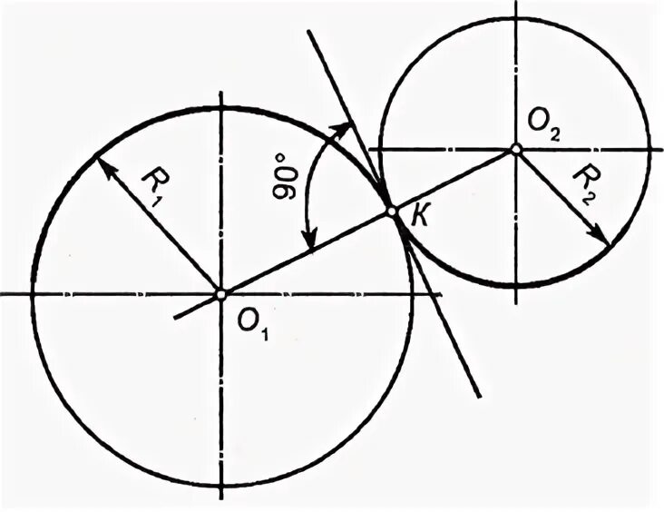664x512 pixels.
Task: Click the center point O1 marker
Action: click(x=221, y=294)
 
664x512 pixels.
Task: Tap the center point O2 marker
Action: click(x=515, y=149)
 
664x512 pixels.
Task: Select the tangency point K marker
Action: click(x=392, y=211)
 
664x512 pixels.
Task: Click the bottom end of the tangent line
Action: click(x=480, y=397)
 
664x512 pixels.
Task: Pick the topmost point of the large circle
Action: click(x=221, y=107)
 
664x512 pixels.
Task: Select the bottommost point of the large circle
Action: click(x=221, y=486)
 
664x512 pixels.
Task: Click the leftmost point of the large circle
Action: click(x=33, y=294)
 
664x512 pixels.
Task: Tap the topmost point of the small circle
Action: click(x=515, y=15)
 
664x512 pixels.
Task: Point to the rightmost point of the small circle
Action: click(x=650, y=149)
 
